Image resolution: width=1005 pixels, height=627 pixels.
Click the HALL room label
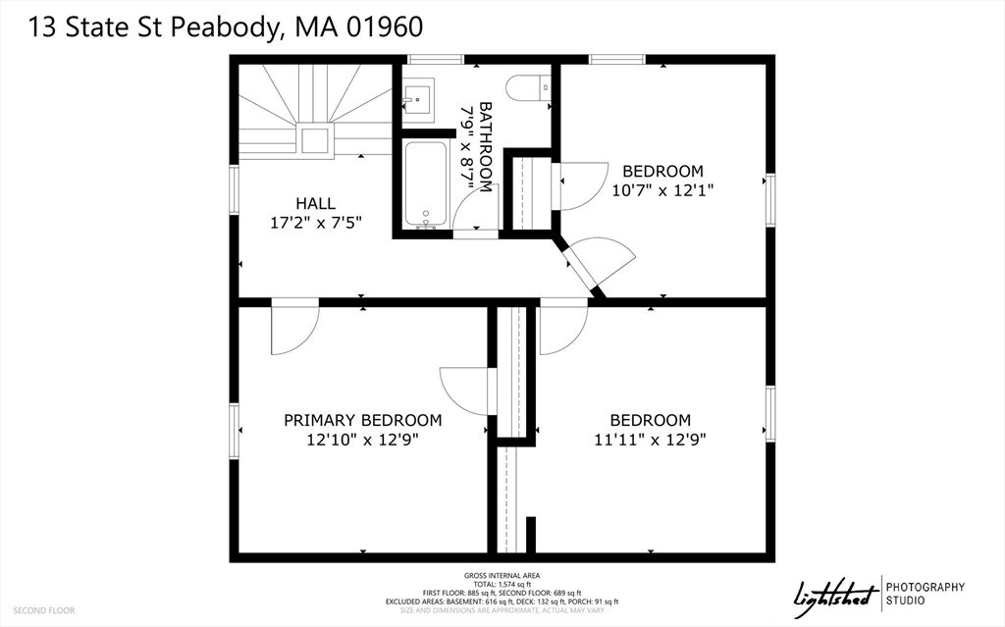(316, 203)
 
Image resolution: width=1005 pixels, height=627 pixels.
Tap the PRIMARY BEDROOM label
(362, 420)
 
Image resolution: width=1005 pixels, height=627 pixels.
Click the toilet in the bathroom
(529, 87)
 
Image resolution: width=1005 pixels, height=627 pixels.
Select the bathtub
(427, 183)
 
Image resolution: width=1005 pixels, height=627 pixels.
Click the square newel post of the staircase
(315, 139)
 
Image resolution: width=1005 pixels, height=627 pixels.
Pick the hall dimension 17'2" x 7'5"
(316, 222)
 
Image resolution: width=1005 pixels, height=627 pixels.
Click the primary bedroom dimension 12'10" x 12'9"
(362, 439)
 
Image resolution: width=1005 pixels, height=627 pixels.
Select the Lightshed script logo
(835, 592)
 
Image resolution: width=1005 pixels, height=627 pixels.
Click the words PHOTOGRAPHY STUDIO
(926, 594)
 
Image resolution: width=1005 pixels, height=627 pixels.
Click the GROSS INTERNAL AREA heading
(502, 575)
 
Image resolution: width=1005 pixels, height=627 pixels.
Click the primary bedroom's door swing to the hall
(293, 328)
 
